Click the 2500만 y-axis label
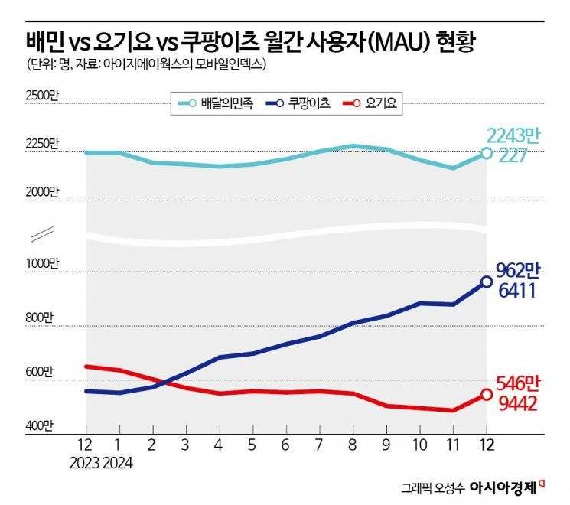tap(42, 96)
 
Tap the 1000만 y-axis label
tap(42, 263)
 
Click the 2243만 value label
tap(513, 136)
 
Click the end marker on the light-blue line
tap(487, 153)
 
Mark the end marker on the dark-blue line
tap(487, 282)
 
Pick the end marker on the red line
tap(487, 395)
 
